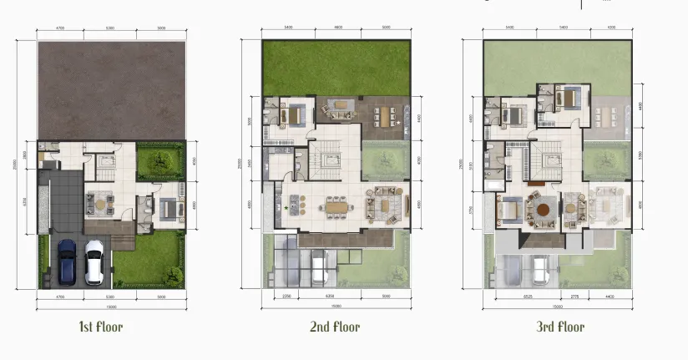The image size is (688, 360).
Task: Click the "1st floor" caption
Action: tap(100, 327)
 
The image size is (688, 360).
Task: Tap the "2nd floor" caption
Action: tap(334, 327)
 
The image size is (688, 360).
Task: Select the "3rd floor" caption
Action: tap(560, 327)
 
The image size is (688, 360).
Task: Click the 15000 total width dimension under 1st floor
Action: tap(111, 306)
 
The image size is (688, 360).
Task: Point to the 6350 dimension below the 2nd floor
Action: tap(334, 296)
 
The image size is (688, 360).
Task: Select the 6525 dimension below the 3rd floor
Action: tap(528, 296)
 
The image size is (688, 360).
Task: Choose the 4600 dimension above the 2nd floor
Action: tap(338, 28)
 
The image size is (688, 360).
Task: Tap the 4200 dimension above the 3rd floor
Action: tap(610, 28)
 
